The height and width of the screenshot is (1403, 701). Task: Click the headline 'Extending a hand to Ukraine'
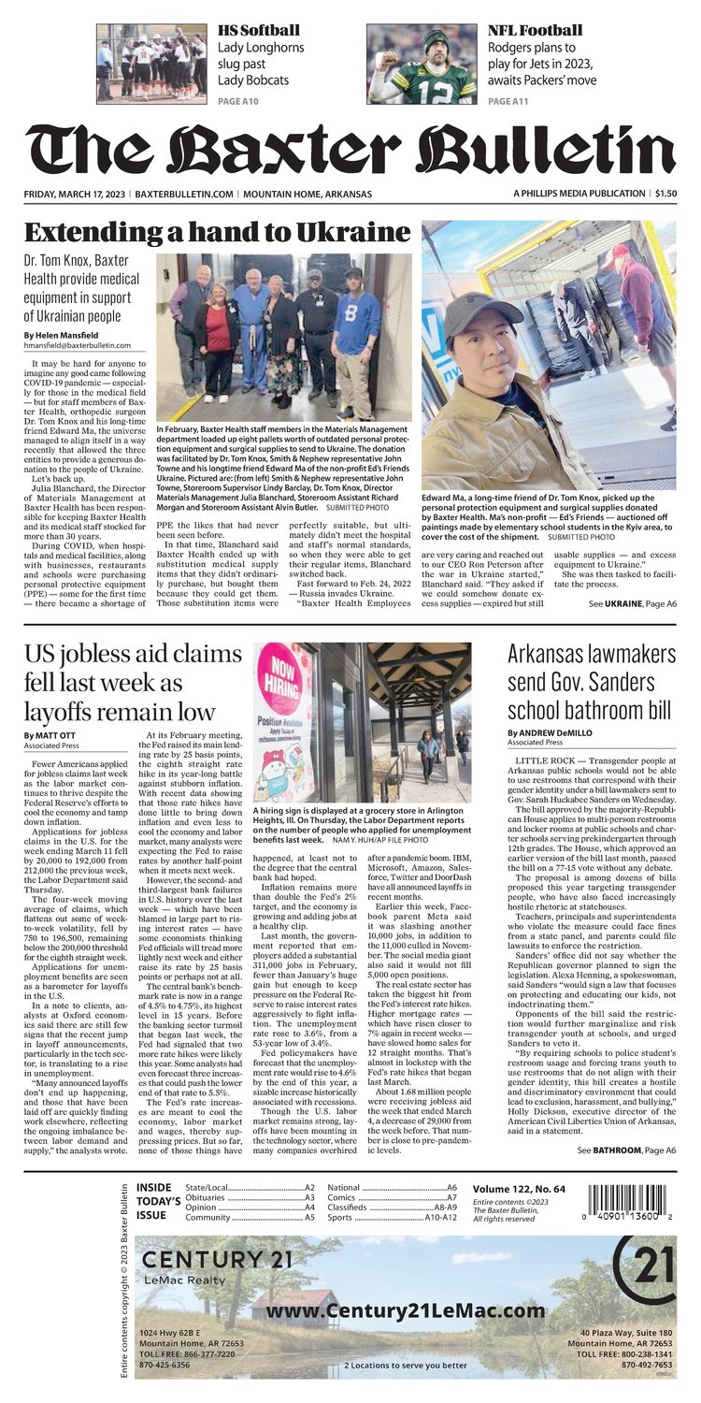pos(217,232)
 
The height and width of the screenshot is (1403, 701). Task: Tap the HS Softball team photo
pos(151,63)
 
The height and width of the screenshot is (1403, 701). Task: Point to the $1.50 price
pos(665,194)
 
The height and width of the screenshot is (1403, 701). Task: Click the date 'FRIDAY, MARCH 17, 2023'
pos(77,194)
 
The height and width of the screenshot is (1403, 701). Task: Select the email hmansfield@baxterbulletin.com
pos(79,345)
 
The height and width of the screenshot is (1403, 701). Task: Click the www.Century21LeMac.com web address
pos(406,1311)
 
